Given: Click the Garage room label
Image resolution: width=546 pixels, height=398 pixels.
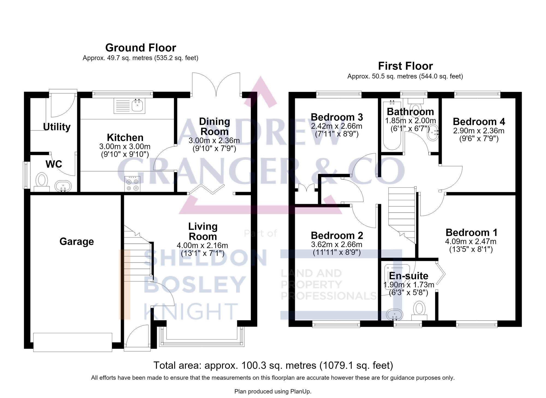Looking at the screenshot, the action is [x=77, y=242].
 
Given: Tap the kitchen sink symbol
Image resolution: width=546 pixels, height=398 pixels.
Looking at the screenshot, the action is [x=129, y=106].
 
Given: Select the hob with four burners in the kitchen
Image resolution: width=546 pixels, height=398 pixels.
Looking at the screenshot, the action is [x=132, y=184].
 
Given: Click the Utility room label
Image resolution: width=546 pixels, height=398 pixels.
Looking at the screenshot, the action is [x=57, y=127].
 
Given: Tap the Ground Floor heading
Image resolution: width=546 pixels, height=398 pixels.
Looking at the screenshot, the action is [x=141, y=48].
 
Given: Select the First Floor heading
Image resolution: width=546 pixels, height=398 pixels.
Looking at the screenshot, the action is [x=405, y=66].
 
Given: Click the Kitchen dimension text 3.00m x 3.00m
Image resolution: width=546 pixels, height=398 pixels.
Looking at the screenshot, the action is [x=125, y=147].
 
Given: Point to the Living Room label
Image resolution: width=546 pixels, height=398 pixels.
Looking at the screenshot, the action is [x=203, y=231].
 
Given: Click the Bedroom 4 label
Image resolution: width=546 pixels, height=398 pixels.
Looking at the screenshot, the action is [x=479, y=121].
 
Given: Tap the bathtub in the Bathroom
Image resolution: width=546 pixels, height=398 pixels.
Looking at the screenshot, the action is [x=392, y=125].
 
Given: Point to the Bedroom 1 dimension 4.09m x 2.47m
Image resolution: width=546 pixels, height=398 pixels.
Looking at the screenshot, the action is [x=471, y=242].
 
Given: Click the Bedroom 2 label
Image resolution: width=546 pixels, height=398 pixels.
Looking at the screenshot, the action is [x=337, y=236].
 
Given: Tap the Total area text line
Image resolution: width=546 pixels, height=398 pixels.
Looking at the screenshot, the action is [x=273, y=365].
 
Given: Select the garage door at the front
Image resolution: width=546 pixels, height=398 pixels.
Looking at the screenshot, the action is [x=73, y=342].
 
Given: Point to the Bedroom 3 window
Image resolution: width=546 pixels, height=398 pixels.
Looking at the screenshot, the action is [x=339, y=94].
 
